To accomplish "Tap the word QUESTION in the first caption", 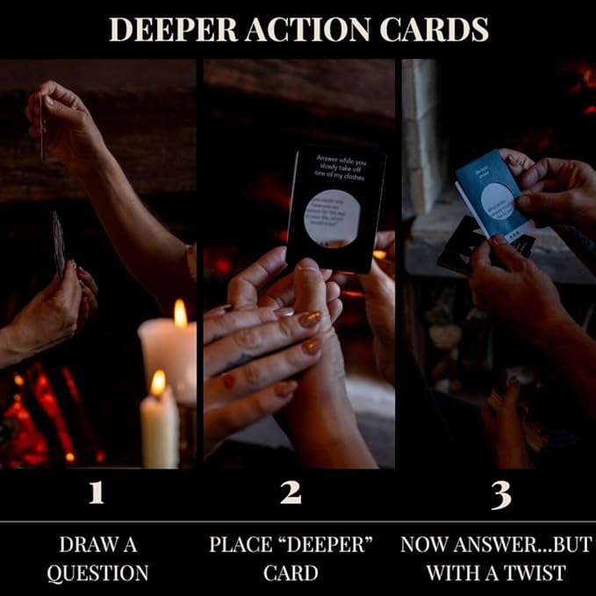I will tap(97, 573).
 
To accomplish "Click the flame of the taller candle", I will tap(180, 312).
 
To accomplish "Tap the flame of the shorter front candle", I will tap(158, 383).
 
